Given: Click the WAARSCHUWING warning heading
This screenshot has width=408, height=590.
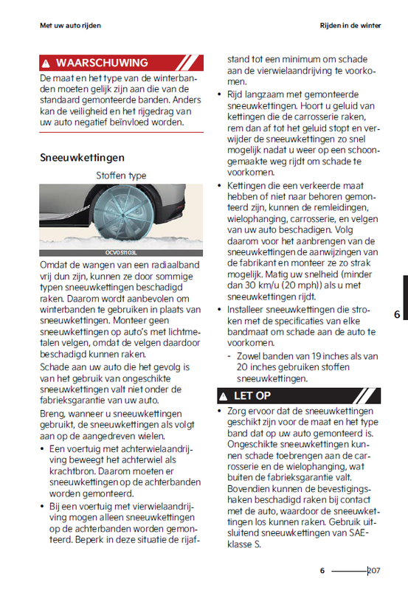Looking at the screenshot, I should coord(101,63).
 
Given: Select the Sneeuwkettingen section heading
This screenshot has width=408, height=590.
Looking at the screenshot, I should coord(81,157).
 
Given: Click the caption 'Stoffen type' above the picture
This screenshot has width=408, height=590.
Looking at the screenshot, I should coord(121,176).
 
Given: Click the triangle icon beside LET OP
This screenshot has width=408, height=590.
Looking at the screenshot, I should coord(223,396).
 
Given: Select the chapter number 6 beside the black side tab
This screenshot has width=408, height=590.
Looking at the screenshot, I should coord(396,314).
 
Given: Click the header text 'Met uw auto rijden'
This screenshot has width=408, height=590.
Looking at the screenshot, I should coord(70,25).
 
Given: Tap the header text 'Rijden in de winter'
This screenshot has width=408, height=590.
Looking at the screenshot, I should coord(350,25).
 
